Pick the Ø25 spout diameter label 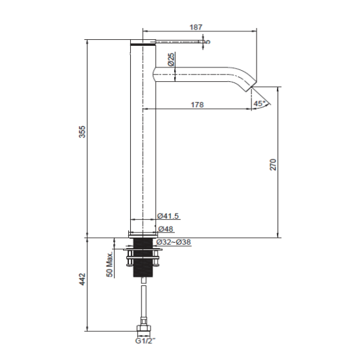[x=171, y=60]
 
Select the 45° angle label [x=259, y=103]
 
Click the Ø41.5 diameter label [x=168, y=216]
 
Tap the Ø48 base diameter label [x=165, y=229]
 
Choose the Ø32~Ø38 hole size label [x=173, y=242]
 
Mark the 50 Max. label [x=109, y=265]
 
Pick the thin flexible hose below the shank [x=142, y=301]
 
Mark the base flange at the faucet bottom [x=142, y=232]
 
